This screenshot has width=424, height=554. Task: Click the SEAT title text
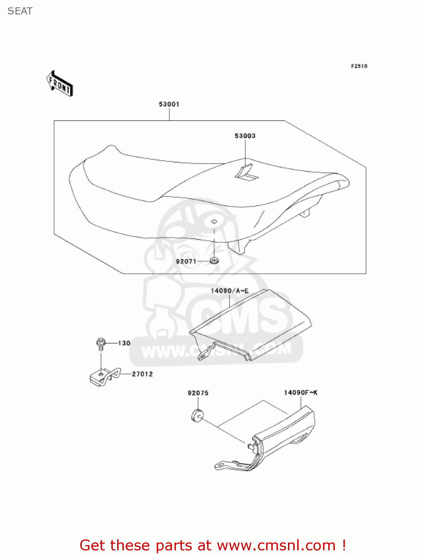pos(20,11)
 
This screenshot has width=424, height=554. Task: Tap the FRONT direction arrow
pos(60,84)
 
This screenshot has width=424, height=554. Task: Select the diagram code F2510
pos(359,66)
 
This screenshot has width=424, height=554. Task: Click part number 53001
pos(169,104)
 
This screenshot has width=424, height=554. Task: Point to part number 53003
pos(245,136)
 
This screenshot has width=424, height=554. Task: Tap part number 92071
pos(186,261)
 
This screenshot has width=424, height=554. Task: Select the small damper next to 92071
pos(214,261)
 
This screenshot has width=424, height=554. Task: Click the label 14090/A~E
pos(229,291)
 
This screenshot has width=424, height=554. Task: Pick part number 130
pos(124,343)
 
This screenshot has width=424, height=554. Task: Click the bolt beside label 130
pos(101,343)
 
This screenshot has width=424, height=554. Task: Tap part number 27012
pos(142,374)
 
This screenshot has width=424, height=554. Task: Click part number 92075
pos(198,393)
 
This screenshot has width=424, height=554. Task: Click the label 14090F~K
pos(300,393)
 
